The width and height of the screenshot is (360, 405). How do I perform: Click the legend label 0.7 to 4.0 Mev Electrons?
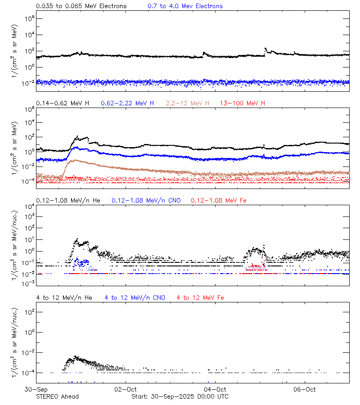click(x=185, y=6)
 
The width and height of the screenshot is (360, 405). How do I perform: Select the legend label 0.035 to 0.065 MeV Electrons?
click(x=81, y=6)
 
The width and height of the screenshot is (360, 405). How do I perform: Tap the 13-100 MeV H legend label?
click(x=243, y=103)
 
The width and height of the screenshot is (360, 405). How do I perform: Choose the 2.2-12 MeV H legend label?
click(x=188, y=103)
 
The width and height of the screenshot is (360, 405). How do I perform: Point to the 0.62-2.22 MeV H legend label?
click(x=127, y=103)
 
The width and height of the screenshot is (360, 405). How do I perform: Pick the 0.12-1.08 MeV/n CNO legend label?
click(x=146, y=200)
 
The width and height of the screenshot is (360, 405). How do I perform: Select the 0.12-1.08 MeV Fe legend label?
click(x=219, y=200)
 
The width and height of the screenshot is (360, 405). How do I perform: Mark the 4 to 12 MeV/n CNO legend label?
click(x=135, y=297)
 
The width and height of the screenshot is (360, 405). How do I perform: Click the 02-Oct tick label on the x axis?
click(x=126, y=389)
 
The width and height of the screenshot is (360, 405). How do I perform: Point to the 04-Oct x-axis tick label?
click(x=215, y=389)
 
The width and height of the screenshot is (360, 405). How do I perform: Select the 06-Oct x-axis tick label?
click(x=305, y=389)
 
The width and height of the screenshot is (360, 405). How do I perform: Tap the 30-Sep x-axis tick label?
click(x=36, y=389)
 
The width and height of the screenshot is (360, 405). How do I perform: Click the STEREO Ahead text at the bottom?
click(x=57, y=396)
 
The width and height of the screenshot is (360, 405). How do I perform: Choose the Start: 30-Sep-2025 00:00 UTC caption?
click(x=180, y=396)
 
